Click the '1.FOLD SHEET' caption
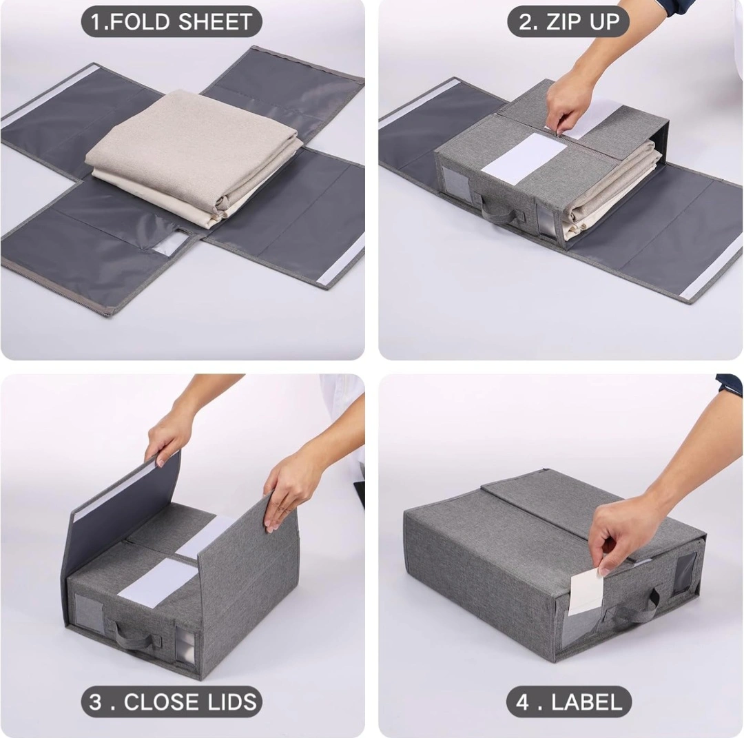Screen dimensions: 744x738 pyautogui.click(x=172, y=21)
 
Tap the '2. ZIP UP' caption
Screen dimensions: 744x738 pyautogui.click(x=568, y=21)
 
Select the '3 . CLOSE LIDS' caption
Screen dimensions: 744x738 pyautogui.click(x=172, y=701)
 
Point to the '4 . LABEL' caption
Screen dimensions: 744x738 pyautogui.click(x=569, y=701)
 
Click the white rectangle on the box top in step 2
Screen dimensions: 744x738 pyautogui.click(x=524, y=158)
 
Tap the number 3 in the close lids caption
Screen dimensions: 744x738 pyautogui.click(x=95, y=701)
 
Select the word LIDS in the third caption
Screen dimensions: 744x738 pyautogui.click(x=233, y=701)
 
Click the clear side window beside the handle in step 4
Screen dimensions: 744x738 pyautogui.click(x=684, y=573)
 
